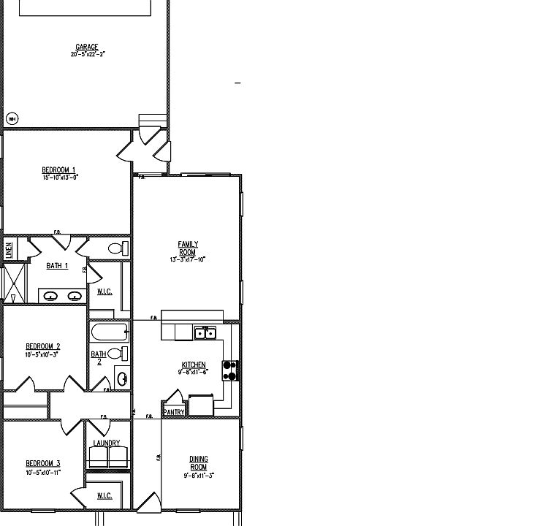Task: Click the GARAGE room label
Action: (x=87, y=47)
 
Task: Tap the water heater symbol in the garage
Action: (x=12, y=118)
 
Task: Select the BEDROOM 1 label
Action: (x=58, y=170)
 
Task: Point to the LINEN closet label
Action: (x=9, y=249)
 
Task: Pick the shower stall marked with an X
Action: (x=14, y=283)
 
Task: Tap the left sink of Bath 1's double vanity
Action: (x=51, y=296)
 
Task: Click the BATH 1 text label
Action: (x=57, y=266)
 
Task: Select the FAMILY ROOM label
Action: (x=188, y=248)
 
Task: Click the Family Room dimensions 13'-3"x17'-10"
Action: (x=188, y=259)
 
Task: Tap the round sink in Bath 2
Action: (x=122, y=379)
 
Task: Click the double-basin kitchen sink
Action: (x=205, y=334)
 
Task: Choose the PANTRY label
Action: (x=174, y=412)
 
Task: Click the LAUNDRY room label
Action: (x=107, y=443)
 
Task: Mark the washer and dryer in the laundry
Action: (x=107, y=457)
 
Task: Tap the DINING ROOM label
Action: (x=198, y=463)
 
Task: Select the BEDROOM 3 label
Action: (x=43, y=463)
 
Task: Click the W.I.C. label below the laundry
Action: (x=104, y=496)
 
